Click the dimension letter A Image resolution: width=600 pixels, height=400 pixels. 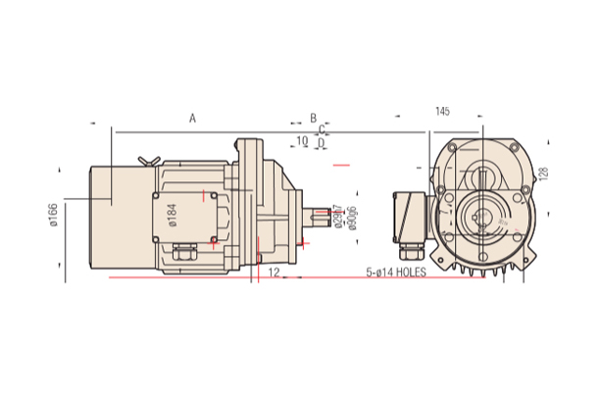(193, 118)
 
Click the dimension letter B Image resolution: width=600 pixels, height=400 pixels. (314, 118)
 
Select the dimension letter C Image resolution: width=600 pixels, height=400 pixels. (322, 128)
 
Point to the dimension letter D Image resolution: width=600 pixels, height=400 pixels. (321, 142)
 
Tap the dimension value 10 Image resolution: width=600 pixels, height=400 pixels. (302, 141)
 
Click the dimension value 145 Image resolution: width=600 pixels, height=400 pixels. (442, 112)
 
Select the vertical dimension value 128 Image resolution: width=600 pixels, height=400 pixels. (544, 174)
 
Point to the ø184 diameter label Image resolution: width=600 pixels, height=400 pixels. (172, 215)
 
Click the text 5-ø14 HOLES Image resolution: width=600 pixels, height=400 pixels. (396, 272)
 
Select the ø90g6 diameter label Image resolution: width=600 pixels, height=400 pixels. (352, 218)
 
